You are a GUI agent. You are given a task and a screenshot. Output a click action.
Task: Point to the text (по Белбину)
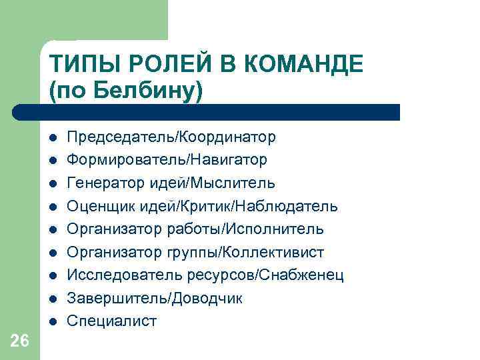(125, 91)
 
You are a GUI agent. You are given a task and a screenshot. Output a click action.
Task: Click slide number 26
(20, 341)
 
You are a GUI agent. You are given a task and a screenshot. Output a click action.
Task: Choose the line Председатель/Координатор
(171, 137)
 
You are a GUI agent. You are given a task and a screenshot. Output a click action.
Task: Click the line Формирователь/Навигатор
(167, 160)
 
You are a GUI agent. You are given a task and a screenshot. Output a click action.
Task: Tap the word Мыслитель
(238, 183)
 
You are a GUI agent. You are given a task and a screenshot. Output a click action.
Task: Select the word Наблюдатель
(296, 206)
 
